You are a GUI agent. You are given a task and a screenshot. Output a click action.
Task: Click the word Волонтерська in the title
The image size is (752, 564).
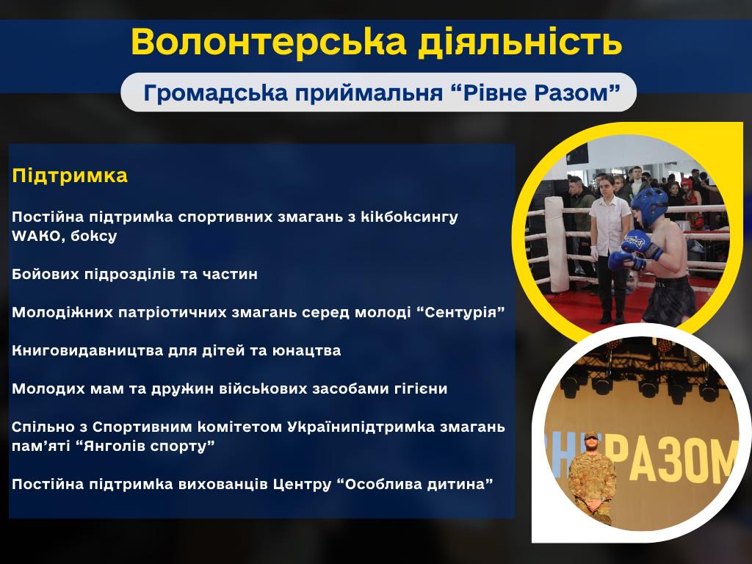(x=269, y=41)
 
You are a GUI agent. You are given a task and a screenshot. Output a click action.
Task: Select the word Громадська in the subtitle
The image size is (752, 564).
(x=215, y=93)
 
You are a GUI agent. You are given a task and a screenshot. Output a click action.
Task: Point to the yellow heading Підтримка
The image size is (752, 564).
(x=70, y=176)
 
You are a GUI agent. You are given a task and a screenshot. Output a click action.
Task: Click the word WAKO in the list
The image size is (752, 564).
(x=37, y=236)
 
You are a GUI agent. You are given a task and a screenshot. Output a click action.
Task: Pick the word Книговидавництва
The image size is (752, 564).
(x=87, y=350)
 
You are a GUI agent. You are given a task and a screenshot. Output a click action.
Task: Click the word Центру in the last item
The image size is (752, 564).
(x=302, y=485)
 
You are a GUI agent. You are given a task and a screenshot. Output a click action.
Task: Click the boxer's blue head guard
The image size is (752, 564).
(x=649, y=206)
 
